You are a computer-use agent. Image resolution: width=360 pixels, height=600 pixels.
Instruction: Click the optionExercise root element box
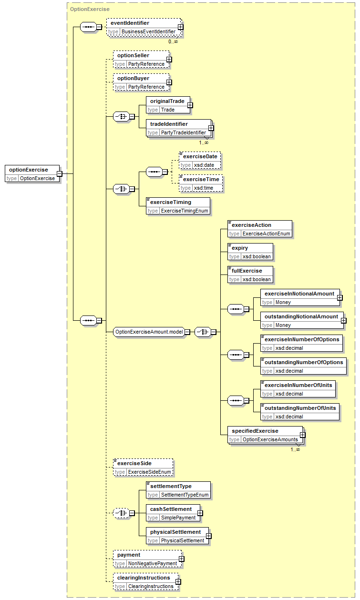(32, 174)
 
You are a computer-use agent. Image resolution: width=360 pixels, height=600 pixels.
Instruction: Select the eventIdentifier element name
(130, 23)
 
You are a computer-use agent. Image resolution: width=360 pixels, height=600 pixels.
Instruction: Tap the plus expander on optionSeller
(169, 60)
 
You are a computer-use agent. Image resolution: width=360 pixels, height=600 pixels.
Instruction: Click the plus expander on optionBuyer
(169, 82)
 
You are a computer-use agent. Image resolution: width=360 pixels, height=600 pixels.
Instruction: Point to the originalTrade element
(168, 105)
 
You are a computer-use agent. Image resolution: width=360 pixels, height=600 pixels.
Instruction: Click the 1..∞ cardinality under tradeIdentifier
(204, 143)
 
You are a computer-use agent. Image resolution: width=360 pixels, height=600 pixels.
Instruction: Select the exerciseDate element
(200, 161)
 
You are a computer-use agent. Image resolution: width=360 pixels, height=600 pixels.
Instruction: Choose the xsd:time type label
(204, 188)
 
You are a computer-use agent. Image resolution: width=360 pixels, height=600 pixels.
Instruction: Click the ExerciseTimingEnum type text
(185, 211)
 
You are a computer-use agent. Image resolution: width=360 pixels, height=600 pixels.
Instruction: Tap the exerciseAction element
(260, 229)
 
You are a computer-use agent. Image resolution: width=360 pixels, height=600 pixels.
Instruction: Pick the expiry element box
(250, 252)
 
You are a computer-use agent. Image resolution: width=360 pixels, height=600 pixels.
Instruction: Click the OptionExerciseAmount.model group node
(149, 332)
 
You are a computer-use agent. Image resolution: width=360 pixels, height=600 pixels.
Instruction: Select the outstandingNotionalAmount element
(302, 321)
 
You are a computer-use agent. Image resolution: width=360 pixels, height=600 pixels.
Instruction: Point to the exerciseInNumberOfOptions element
(301, 344)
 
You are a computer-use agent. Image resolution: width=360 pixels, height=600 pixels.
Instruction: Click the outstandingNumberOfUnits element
(300, 412)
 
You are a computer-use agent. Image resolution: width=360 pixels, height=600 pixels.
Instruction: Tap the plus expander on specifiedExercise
(303, 435)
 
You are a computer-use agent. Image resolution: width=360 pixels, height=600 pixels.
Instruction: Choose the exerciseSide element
(143, 468)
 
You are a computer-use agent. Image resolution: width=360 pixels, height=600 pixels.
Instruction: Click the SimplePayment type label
(178, 518)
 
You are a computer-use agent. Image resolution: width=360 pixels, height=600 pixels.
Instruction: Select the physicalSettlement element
(177, 536)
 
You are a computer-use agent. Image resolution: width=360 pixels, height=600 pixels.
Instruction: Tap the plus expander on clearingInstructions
(178, 582)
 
